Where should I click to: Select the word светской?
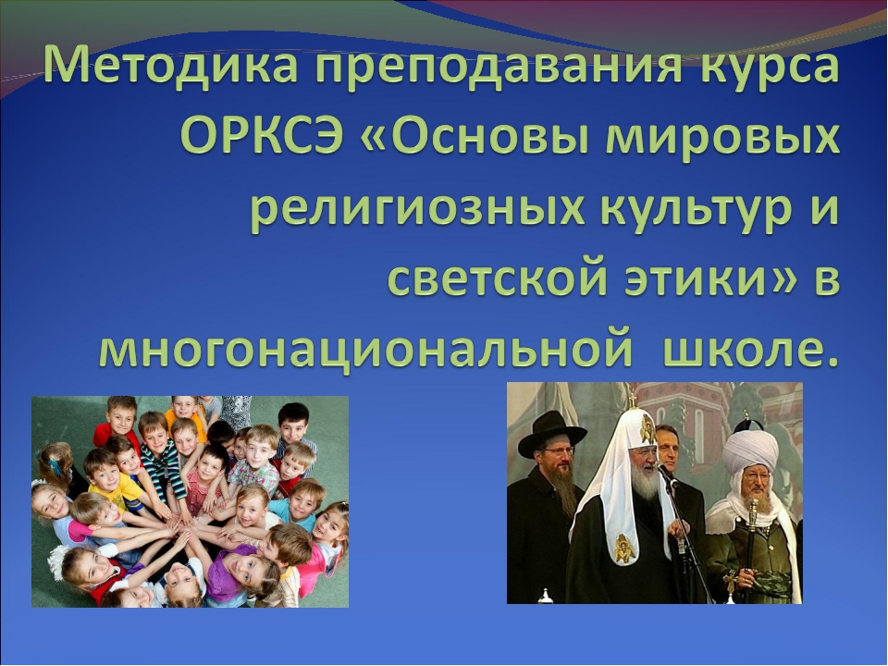point(499,277)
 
